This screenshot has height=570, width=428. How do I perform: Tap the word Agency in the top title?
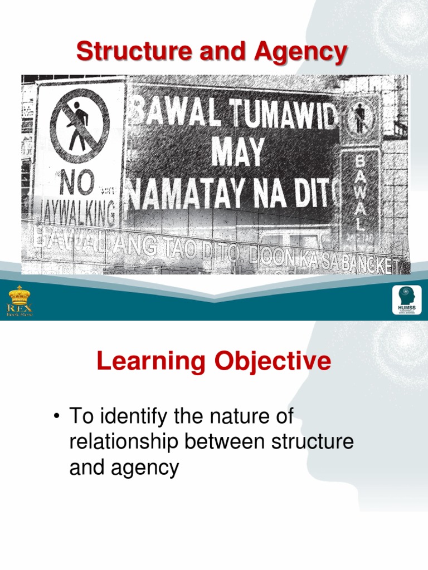point(301,52)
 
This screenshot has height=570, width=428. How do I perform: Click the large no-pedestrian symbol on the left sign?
point(79,120)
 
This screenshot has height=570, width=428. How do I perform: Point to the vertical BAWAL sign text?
point(360,192)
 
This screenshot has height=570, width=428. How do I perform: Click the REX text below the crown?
point(20,307)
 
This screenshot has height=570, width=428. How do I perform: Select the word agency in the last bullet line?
point(144,468)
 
